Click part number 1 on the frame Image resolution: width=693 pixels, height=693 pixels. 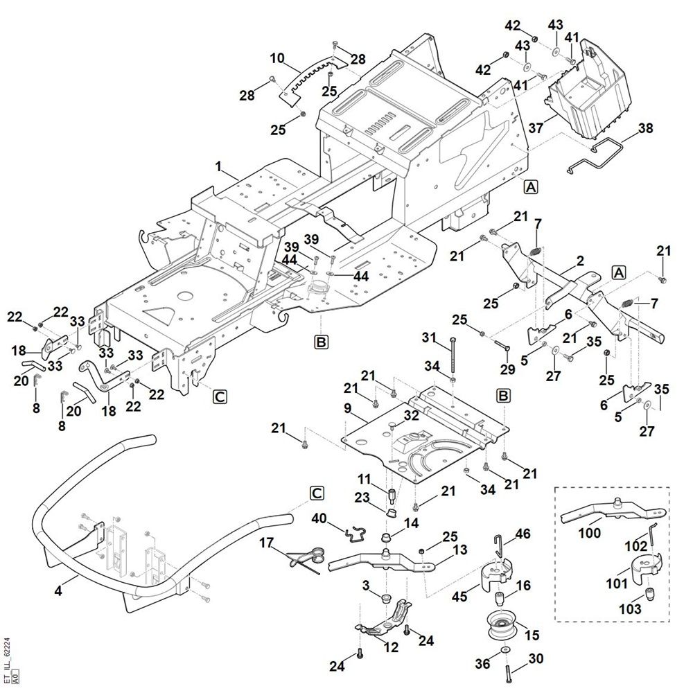click(219, 167)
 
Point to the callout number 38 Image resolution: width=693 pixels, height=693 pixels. click(645, 129)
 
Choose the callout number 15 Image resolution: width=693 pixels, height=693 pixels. click(532, 635)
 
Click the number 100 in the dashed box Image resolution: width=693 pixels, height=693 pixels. click(590, 534)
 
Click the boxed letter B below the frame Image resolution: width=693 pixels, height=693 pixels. click(321, 342)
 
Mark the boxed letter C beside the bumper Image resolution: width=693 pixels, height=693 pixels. click(316, 493)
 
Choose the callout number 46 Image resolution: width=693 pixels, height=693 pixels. click(523, 534)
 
